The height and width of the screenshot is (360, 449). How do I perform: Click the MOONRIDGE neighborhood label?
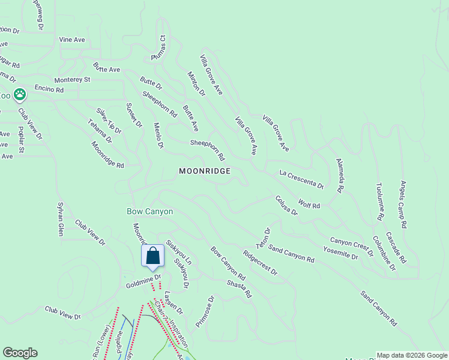pos(205,171)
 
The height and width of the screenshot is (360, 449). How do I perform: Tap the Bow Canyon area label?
pos(150,212)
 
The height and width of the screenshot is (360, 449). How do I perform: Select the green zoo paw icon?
pos(20,94)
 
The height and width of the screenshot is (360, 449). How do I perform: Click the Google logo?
pos(20,353)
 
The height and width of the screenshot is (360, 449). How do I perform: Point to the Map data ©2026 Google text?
pos(411,355)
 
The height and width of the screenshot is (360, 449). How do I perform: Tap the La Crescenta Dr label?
pos(302,179)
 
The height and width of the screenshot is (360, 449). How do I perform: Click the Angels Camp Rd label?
pos(403,204)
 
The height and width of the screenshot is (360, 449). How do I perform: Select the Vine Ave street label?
pos(72,40)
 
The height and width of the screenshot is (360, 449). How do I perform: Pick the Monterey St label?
pos(72,79)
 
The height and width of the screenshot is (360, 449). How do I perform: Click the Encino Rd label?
pos(49,89)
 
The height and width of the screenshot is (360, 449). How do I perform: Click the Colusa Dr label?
pos(286,205)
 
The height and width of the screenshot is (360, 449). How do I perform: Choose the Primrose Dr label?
pos(205,311)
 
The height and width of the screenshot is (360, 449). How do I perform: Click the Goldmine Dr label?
pos(143,281)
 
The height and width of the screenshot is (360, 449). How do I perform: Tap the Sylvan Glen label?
pos(60,218)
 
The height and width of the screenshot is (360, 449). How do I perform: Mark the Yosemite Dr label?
pos(340,252)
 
